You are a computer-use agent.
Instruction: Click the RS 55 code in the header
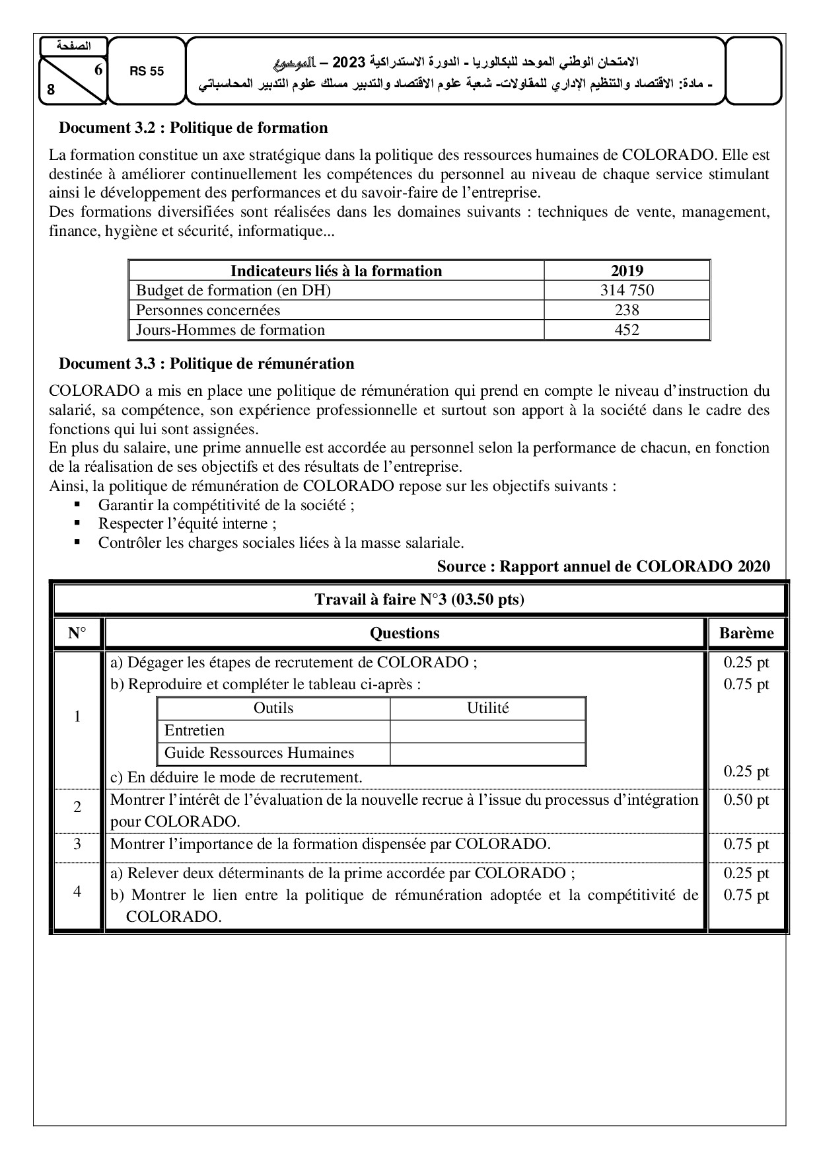(147, 71)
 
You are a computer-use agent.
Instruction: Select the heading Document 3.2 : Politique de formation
(193, 128)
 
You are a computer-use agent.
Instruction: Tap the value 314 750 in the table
(627, 290)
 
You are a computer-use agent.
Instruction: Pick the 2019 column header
(627, 271)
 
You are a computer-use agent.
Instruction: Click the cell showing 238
(627, 310)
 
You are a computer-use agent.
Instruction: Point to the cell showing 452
(627, 330)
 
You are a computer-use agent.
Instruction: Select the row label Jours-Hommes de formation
(231, 330)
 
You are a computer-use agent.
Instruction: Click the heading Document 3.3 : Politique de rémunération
(206, 363)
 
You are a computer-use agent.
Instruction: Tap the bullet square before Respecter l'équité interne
(77, 523)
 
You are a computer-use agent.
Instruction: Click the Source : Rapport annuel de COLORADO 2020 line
(603, 566)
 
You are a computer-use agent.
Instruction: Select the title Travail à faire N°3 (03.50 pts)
(419, 600)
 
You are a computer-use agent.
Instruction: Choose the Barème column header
(746, 633)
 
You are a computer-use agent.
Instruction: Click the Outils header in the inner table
(273, 708)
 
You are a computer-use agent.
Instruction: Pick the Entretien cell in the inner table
(194, 731)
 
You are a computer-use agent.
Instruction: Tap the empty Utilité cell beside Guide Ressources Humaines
(487, 753)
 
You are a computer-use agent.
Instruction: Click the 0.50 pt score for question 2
(746, 800)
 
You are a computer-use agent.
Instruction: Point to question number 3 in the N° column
(77, 844)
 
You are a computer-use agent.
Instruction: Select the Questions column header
(404, 633)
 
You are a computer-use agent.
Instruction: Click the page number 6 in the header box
(98, 69)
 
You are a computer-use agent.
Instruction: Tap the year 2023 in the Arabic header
(347, 63)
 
